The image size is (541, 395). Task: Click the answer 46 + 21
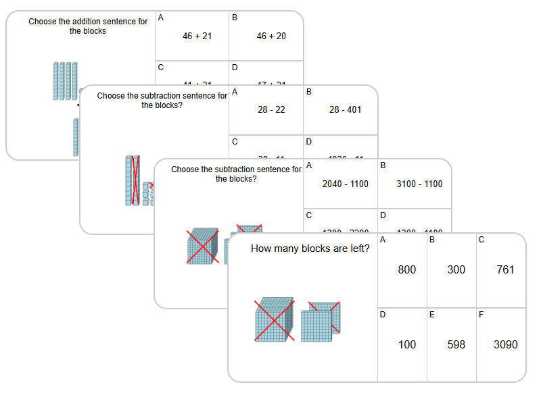pyautogui.click(x=197, y=36)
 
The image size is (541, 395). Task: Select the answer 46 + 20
pyautogui.click(x=271, y=36)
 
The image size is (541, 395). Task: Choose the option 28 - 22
pyautogui.click(x=272, y=109)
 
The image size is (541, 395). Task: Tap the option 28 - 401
pyautogui.click(x=345, y=109)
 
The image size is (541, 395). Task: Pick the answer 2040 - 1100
pyautogui.click(x=346, y=184)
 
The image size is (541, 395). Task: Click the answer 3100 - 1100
pyautogui.click(x=420, y=184)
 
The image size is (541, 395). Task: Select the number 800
pyautogui.click(x=407, y=269)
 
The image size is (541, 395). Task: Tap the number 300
pyautogui.click(x=456, y=269)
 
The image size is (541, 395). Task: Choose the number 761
pyautogui.click(x=505, y=269)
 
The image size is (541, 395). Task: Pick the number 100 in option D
pyautogui.click(x=407, y=344)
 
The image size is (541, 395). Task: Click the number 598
pyautogui.click(x=456, y=344)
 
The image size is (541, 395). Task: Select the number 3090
pyautogui.click(x=505, y=344)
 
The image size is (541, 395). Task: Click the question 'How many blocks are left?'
pyautogui.click(x=310, y=248)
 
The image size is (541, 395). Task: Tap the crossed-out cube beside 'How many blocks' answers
pyautogui.click(x=273, y=320)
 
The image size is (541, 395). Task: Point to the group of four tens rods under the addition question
pyautogui.click(x=65, y=81)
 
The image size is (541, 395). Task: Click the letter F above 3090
pyautogui.click(x=481, y=314)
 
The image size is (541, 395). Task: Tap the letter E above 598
pyautogui.click(x=431, y=314)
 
